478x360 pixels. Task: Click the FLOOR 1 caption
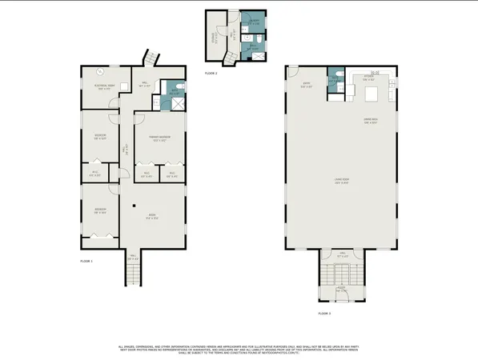86,262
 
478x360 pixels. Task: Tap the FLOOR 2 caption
211,72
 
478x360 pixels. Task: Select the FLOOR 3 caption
323,313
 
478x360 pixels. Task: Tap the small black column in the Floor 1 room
135,205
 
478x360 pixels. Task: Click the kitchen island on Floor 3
372,94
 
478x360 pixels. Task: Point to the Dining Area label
370,122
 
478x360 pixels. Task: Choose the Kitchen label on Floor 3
368,79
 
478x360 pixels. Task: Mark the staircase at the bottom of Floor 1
133,275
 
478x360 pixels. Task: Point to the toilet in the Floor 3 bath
339,76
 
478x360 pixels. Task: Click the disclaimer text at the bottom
239,350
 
